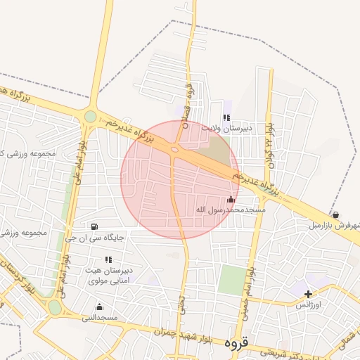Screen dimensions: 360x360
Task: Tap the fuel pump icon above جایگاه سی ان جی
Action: pos(94,226)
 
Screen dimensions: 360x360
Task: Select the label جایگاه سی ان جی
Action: pos(95,238)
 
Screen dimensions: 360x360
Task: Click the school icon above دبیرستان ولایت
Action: pos(226,118)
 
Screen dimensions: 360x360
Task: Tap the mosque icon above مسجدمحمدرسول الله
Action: pos(231,200)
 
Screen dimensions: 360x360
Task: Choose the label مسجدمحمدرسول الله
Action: pos(231,210)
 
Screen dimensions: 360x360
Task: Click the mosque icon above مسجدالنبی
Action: pos(98,307)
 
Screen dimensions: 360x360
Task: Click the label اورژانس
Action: pos(307,304)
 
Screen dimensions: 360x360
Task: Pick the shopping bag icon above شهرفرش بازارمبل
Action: pos(336,214)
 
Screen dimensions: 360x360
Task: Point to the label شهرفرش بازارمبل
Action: pos(334,226)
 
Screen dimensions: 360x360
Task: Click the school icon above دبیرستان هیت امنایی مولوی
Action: pos(108,260)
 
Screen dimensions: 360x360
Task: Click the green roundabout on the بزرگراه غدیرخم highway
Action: pos(90,117)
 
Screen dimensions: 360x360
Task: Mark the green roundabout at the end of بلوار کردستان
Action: pos(55,307)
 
